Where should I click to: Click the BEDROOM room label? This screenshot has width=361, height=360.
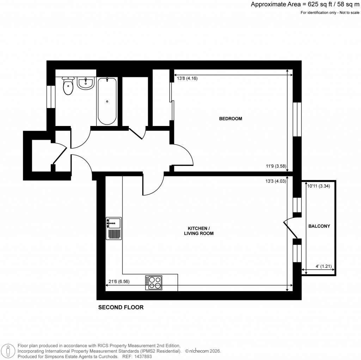[231, 119]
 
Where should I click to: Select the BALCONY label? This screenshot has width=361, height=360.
[319, 226]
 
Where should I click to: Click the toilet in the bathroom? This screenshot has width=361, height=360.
[68, 86]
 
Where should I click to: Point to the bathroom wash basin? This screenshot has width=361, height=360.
[85, 83]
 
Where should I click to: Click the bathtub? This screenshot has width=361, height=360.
[107, 101]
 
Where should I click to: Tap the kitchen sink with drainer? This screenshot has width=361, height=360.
[114, 228]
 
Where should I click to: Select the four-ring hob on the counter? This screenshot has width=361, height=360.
[154, 282]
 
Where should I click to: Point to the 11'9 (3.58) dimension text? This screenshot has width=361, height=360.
[275, 166]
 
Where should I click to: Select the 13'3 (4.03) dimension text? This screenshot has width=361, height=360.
[275, 181]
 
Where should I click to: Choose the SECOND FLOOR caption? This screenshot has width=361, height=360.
[121, 307]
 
